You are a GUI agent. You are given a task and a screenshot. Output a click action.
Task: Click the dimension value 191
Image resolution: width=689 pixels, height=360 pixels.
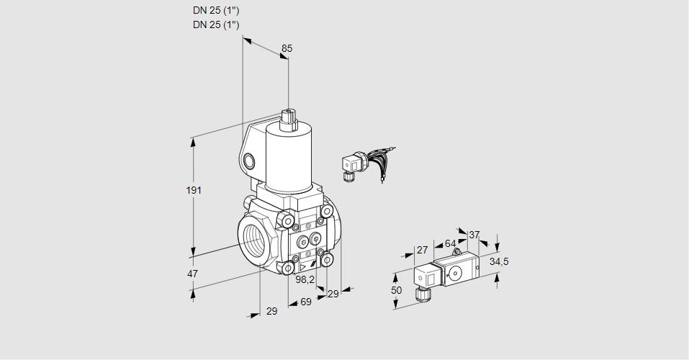point(194,190)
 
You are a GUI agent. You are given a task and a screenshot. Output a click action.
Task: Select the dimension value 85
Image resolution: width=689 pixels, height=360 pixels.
point(287,48)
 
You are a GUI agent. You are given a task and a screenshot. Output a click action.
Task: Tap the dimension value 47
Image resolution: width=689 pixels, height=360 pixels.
point(192,274)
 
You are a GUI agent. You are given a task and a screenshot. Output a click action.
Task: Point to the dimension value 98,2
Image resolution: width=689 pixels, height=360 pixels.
point(305,279)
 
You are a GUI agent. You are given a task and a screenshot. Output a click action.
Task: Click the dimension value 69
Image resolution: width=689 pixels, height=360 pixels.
point(306,302)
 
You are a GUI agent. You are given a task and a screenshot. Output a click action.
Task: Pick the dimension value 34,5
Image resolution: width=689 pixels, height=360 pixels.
point(499,261)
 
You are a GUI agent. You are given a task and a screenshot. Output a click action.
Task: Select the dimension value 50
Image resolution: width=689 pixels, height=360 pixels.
point(397,291)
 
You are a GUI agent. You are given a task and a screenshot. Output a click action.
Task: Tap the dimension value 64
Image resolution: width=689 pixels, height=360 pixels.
point(451,243)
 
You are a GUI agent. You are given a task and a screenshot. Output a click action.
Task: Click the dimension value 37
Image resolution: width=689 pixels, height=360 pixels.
point(474,235)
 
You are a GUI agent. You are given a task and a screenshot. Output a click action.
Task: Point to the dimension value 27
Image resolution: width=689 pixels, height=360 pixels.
point(423,250)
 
